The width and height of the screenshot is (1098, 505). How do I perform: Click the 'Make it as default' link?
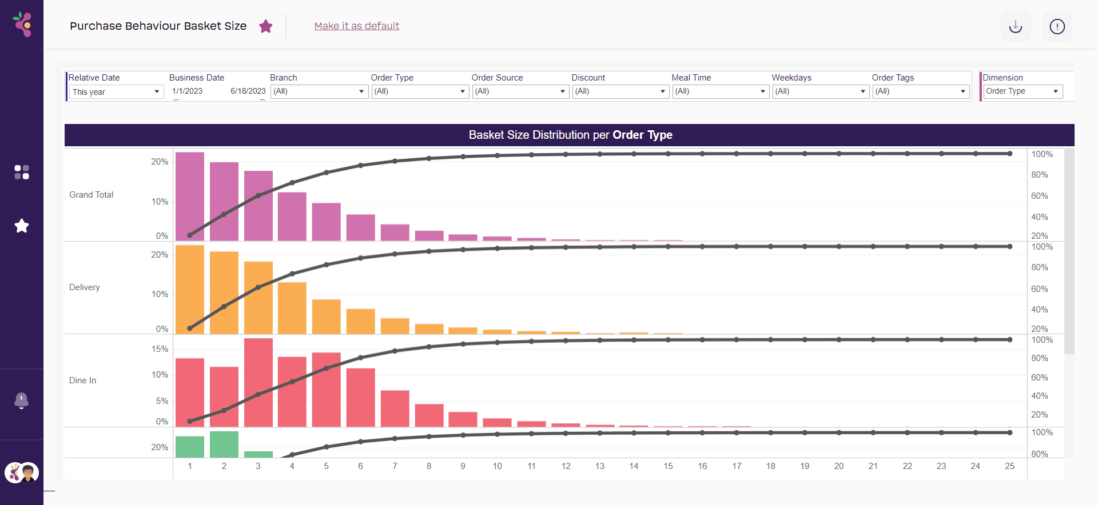(357, 26)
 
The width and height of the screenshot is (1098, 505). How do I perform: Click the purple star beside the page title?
(265, 26)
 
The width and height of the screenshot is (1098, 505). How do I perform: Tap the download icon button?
(1015, 27)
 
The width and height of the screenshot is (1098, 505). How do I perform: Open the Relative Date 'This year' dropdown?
(116, 92)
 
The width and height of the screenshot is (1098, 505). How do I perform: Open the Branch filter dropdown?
(319, 91)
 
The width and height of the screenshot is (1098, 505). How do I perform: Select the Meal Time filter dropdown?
(720, 91)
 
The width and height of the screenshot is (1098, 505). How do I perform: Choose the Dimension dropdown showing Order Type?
(1022, 91)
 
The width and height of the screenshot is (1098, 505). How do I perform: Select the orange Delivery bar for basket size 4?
(292, 308)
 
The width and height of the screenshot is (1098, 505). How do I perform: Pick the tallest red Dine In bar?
(258, 382)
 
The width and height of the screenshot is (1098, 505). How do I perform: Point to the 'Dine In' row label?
(83, 380)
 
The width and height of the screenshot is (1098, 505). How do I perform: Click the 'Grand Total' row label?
(91, 195)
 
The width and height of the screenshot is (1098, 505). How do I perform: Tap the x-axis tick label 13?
(600, 466)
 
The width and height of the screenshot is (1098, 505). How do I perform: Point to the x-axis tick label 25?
(1009, 466)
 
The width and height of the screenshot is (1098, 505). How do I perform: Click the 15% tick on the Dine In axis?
(160, 349)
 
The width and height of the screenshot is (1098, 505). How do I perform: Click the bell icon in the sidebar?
(22, 400)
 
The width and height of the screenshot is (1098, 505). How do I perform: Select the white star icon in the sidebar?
(22, 226)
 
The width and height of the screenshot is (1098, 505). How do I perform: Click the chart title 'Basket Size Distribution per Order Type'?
(570, 135)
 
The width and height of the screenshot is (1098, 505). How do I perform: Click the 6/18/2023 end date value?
(248, 91)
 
